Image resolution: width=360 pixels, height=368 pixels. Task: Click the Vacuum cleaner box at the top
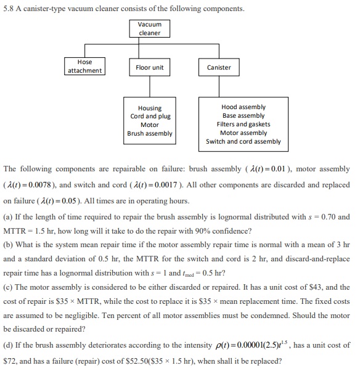(x=149, y=28)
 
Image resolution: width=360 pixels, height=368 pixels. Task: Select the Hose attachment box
(x=84, y=67)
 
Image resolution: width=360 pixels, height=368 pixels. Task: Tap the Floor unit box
(x=149, y=67)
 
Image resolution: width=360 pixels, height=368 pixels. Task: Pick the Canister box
(x=219, y=67)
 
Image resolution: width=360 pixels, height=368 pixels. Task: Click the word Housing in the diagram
(x=150, y=108)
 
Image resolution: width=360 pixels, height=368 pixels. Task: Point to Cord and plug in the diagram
(x=150, y=116)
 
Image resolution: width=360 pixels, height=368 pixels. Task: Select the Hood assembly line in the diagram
(x=243, y=107)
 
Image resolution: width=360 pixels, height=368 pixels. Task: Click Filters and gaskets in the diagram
(x=243, y=124)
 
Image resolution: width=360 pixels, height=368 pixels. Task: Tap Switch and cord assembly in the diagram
(x=243, y=141)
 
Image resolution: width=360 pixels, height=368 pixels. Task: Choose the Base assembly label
(x=243, y=115)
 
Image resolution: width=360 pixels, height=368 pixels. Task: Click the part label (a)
(x=9, y=216)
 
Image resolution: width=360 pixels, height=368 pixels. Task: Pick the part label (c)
(x=9, y=287)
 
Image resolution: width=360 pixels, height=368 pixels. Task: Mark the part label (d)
(x=9, y=345)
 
